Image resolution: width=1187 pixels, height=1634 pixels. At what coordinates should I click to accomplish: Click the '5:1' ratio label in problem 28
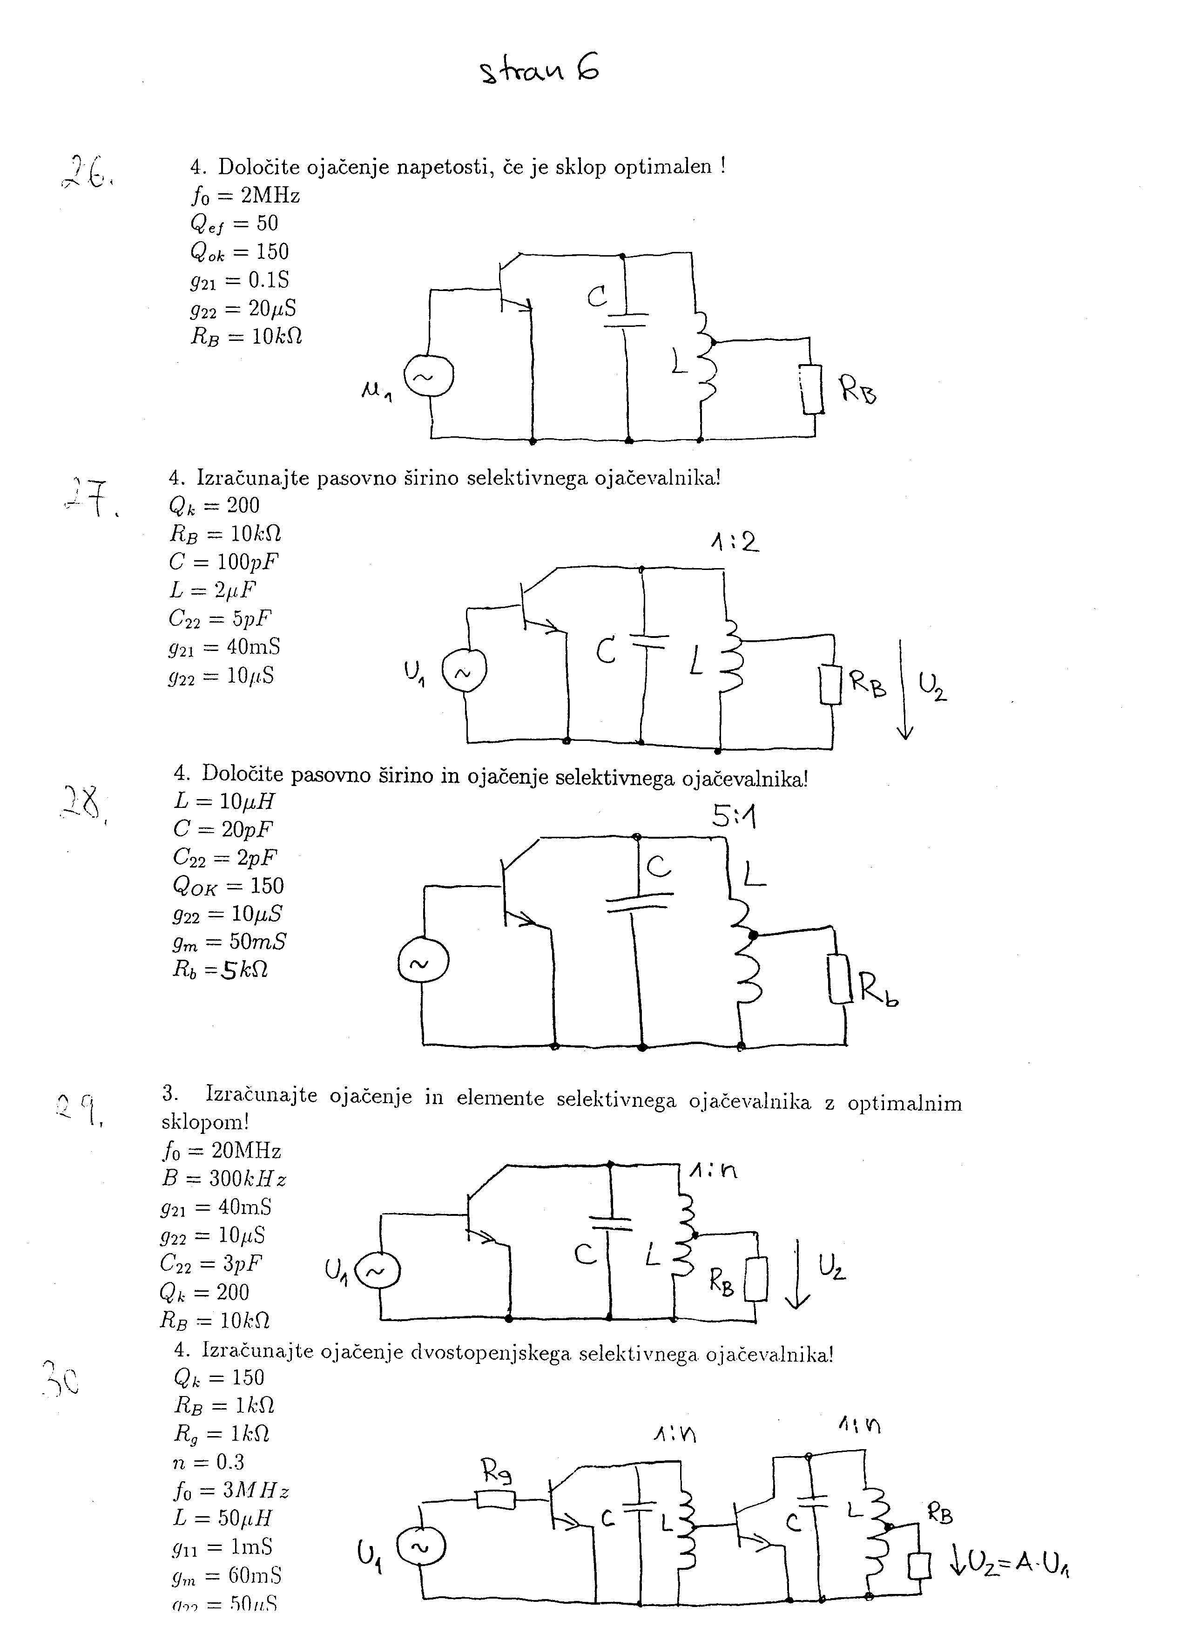(x=734, y=816)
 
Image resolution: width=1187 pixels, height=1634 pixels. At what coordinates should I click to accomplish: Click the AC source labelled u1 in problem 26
(x=429, y=376)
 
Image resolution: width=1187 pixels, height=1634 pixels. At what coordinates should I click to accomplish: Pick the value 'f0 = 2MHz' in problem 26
(x=245, y=195)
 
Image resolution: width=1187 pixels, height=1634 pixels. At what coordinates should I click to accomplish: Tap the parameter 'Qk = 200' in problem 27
(x=214, y=505)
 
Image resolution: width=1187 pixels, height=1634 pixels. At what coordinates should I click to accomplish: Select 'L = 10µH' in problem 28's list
(x=224, y=801)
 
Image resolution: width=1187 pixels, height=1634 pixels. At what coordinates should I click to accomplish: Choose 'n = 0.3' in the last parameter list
(x=209, y=1462)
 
